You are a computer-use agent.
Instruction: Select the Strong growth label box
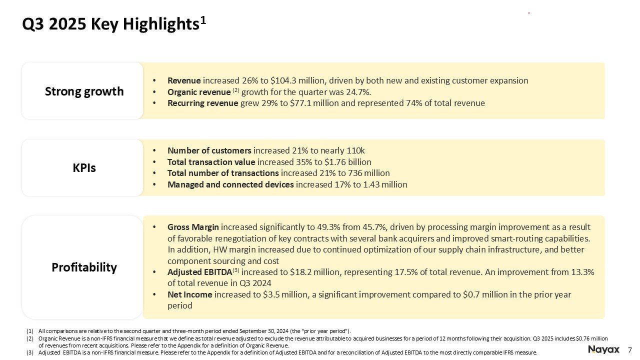(x=84, y=91)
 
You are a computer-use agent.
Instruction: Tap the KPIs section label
(x=84, y=168)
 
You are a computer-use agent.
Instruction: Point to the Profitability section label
(x=84, y=267)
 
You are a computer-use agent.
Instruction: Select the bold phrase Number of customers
(x=209, y=150)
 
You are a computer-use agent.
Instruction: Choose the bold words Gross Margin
(x=193, y=227)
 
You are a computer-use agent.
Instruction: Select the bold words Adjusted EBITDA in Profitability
(x=199, y=272)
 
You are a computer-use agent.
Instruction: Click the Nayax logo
(x=603, y=349)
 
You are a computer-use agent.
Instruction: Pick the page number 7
(x=630, y=349)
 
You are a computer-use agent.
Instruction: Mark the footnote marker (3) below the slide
(x=29, y=352)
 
